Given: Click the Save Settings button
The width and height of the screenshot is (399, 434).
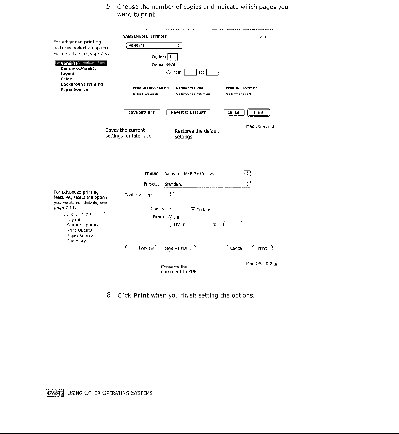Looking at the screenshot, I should (x=142, y=113).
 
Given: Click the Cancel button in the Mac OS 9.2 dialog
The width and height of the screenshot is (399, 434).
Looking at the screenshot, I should (x=234, y=113).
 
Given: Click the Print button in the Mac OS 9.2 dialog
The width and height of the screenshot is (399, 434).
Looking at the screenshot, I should (x=258, y=113).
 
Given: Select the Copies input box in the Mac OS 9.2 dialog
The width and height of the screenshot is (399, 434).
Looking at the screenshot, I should (x=173, y=57).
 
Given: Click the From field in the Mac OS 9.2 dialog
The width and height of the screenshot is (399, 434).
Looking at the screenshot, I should (x=190, y=73).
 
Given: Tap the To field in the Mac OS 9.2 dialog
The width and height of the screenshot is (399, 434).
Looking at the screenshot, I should (x=212, y=73).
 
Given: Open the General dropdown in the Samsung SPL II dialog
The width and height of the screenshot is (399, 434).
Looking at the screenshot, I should (x=154, y=46).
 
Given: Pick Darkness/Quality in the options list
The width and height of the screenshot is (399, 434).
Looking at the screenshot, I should (x=79, y=69).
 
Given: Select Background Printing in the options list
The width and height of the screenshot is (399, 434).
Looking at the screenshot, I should (x=82, y=84).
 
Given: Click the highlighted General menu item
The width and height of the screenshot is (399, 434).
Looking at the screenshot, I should (x=81, y=64).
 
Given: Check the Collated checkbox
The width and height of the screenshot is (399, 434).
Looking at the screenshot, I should (x=193, y=209).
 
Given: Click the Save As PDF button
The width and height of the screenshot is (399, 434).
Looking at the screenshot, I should (x=176, y=248).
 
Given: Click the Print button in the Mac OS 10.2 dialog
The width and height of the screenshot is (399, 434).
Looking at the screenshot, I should (x=262, y=248).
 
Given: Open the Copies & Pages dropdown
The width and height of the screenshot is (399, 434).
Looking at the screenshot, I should (x=149, y=195).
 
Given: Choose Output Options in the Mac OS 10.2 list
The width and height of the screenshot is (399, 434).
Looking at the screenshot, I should (x=83, y=225).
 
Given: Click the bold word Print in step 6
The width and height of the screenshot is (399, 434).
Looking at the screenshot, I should (x=141, y=295).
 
